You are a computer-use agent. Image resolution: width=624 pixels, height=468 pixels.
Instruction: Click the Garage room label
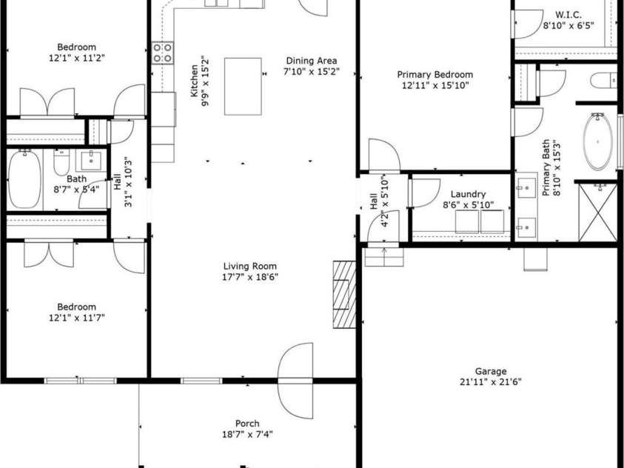pyautogui.click(x=490, y=371)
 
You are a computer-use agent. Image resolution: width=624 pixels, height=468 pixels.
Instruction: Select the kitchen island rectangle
pyautogui.click(x=243, y=87)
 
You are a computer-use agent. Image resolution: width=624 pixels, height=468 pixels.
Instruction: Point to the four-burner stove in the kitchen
pyautogui.click(x=163, y=52)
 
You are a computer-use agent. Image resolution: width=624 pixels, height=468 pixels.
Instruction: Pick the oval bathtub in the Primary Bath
pyautogui.click(x=598, y=142)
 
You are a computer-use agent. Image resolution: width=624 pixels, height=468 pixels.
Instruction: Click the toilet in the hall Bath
pyautogui.click(x=61, y=163)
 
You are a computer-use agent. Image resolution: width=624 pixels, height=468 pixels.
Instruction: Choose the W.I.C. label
pyautogui.click(x=568, y=14)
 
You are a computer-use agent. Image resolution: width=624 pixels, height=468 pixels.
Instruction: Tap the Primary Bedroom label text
pyautogui.click(x=435, y=75)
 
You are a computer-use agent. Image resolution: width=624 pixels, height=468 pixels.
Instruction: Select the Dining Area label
pyautogui.click(x=312, y=61)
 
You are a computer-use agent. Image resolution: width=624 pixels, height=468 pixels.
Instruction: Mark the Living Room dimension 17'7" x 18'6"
pyautogui.click(x=250, y=278)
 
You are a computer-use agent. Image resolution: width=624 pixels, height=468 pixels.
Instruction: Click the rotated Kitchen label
pyautogui.click(x=195, y=81)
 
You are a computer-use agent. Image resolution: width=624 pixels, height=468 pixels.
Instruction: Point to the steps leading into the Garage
pyautogui.click(x=385, y=256)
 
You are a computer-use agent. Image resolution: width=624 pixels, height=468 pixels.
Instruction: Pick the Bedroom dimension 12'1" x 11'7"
pyautogui.click(x=77, y=318)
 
